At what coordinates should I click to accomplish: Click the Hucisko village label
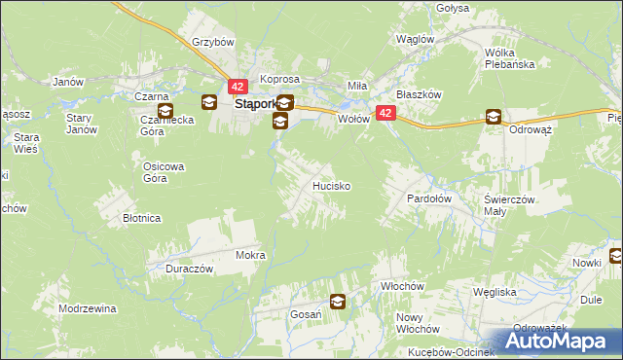coord(330,185)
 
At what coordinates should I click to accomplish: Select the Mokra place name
coord(250,255)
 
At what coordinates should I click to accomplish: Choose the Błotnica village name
coord(141,219)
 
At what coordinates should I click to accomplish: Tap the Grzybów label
coord(213,43)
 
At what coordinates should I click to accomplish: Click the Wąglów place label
coord(415,39)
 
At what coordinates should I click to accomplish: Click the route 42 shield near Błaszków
coord(386,114)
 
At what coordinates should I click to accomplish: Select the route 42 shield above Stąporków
coord(239,87)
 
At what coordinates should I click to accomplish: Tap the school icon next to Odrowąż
coord(494,118)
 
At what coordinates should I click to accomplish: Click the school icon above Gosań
coord(337,302)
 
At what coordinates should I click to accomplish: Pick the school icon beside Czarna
coord(209,101)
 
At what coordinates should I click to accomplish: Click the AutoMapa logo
coord(563,341)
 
